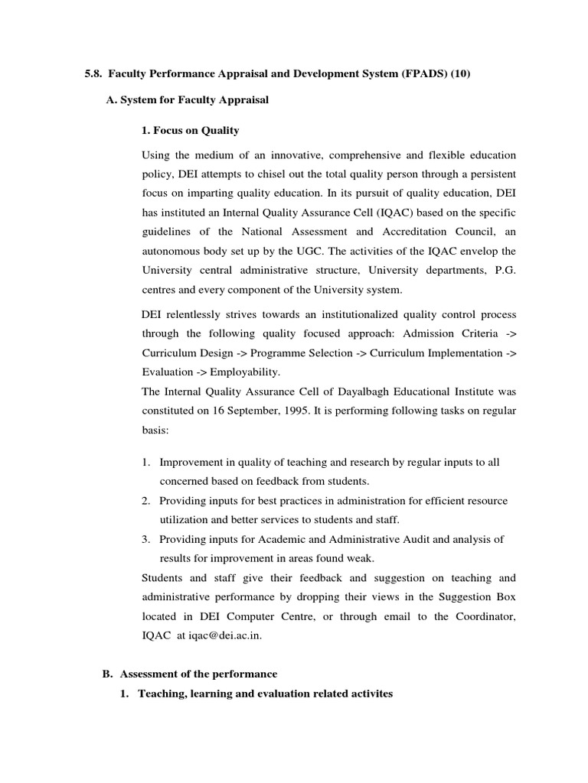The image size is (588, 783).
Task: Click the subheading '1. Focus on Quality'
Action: click(191, 131)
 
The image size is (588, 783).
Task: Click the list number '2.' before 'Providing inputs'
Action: click(145, 501)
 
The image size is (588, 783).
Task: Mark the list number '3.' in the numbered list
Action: click(145, 539)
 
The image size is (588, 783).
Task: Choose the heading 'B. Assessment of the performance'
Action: click(189, 674)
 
